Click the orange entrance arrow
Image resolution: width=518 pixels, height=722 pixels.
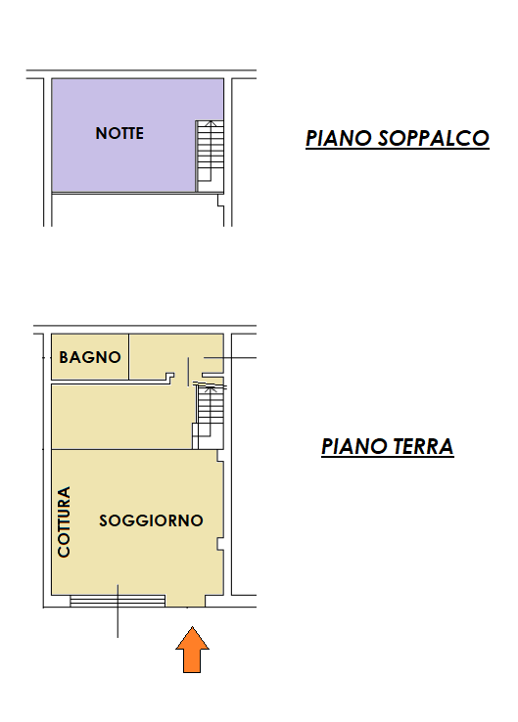192,651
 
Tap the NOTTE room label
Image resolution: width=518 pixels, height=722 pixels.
119,133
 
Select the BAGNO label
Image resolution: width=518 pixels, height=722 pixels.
90,357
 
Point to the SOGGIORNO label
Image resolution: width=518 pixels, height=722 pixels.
151,520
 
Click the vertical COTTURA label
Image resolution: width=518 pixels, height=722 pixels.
64,522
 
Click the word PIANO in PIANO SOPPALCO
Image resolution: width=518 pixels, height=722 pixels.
339,138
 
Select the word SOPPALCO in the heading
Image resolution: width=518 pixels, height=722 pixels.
434,138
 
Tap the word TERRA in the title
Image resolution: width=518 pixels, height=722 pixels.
423,447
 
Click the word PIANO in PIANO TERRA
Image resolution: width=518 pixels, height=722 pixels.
353,447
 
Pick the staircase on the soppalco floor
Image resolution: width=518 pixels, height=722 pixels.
210,157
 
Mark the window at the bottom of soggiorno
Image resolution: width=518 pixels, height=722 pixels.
118,601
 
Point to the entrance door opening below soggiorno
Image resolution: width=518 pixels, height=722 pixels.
186,601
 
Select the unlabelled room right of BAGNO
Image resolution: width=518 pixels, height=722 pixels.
176,354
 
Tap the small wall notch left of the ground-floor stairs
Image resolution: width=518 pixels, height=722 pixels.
170,378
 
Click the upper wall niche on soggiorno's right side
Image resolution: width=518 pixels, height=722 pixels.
220,456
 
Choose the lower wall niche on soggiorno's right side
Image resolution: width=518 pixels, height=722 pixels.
220,544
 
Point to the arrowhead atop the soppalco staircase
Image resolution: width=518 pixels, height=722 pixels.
211,123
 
